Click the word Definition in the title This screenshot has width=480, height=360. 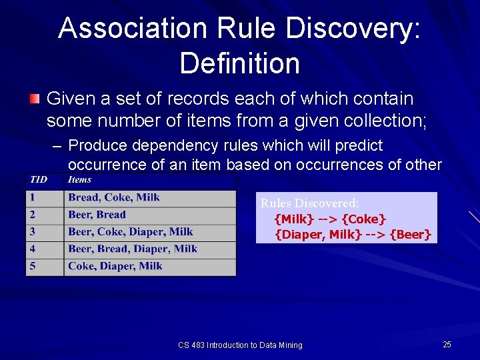[239, 63]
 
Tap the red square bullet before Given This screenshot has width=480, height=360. [34, 99]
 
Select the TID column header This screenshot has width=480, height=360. [37, 179]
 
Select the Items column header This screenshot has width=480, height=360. [80, 179]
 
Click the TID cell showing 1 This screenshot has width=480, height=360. [31, 197]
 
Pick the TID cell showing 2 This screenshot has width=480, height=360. [31, 215]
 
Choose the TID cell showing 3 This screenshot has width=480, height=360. [31, 232]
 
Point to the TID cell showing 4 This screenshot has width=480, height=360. [31, 249]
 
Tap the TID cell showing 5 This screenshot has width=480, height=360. [31, 266]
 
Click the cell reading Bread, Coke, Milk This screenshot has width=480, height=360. [114, 197]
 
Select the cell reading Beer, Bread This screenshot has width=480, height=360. [97, 215]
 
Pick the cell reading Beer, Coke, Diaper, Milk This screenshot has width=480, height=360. [131, 232]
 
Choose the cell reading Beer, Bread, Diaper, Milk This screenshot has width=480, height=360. [133, 249]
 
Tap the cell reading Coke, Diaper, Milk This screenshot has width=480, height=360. [115, 266]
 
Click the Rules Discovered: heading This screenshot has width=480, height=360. [309, 203]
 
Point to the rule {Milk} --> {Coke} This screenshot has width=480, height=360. [331, 219]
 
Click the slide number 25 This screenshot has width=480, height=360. [447, 344]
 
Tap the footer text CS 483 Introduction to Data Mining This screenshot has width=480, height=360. [240, 345]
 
